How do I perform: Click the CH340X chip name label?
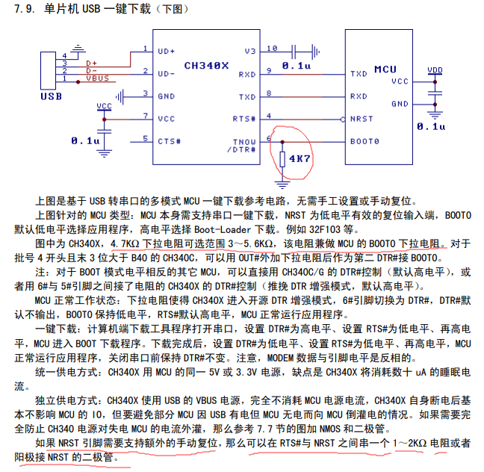[206, 66]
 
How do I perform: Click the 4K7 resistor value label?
[300, 158]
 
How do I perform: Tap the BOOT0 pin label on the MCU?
[364, 141]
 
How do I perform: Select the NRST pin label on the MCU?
[362, 119]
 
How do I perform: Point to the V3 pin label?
[250, 52]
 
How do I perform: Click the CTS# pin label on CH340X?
[169, 141]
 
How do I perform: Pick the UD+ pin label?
[166, 52]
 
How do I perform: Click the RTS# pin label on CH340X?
[243, 119]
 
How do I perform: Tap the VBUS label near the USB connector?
[98, 78]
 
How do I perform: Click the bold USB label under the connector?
[52, 96]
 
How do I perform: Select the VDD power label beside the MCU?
[435, 70]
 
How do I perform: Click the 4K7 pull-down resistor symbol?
[282, 159]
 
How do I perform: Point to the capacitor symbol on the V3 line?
[294, 52]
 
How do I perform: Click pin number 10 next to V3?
[272, 48]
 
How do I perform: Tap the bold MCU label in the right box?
[385, 69]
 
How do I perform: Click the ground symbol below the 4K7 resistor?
[282, 184]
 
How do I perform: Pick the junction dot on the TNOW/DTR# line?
[282, 142]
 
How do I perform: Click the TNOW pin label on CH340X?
[244, 142]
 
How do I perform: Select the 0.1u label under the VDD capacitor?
[431, 126]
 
